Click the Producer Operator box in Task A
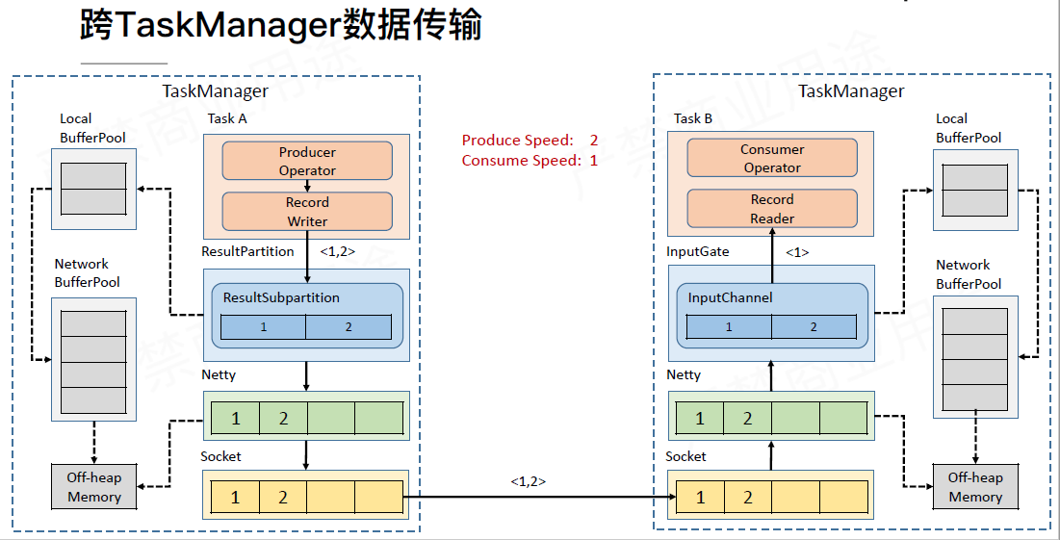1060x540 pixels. (307, 161)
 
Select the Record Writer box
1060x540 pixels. (307, 212)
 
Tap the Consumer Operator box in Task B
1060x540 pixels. (771, 158)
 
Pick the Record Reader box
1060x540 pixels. (771, 209)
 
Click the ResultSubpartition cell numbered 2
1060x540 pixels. (349, 327)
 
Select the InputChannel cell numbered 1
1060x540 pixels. (729, 327)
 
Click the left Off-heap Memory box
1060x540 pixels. (93, 487)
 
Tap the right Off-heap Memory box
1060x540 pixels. (975, 487)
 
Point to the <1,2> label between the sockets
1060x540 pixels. (529, 480)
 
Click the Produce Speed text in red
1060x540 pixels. (530, 141)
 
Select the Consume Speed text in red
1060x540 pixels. (530, 161)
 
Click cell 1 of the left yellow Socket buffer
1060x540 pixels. (235, 498)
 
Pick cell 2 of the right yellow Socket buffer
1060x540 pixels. (748, 498)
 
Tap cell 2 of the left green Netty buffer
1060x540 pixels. (283, 419)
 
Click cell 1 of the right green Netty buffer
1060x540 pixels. (700, 419)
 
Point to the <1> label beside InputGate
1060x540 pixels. (797, 252)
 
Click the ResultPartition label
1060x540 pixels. (247, 251)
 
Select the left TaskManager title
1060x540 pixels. (215, 91)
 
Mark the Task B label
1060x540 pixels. (693, 118)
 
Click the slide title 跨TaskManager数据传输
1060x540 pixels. (280, 27)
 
